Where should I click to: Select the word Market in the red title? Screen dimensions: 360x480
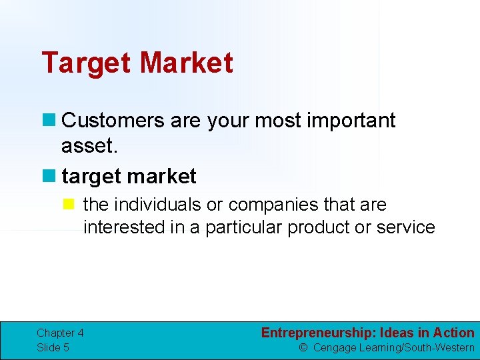pyautogui.click(x=187, y=63)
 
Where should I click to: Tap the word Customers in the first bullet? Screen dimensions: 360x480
pyautogui.click(x=112, y=121)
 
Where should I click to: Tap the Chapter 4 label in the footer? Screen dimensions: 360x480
pyautogui.click(x=60, y=333)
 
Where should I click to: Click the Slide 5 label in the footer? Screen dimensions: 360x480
pyautogui.click(x=53, y=347)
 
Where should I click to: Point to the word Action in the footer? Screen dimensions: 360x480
pyautogui.click(x=453, y=333)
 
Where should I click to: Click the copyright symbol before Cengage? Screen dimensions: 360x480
pyautogui.click(x=303, y=347)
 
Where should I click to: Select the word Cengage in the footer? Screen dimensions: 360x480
pyautogui.click(x=335, y=347)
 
